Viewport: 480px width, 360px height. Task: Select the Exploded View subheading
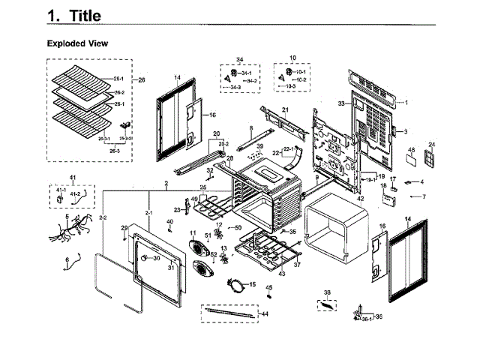pyautogui.click(x=77, y=43)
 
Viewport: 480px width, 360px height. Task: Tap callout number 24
pyautogui.click(x=431, y=144)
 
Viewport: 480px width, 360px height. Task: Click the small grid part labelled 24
pyautogui.click(x=430, y=160)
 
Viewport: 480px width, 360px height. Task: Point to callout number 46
pyautogui.click(x=411, y=150)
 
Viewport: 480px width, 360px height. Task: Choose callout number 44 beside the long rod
pyautogui.click(x=263, y=314)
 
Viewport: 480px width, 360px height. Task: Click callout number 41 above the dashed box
pyautogui.click(x=73, y=177)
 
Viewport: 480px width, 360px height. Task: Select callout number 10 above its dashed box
pyautogui.click(x=292, y=58)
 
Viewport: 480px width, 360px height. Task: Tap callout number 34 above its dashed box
pyautogui.click(x=240, y=59)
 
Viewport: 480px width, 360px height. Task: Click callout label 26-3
pyautogui.click(x=115, y=150)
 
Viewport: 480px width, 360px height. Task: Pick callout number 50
pyautogui.click(x=238, y=227)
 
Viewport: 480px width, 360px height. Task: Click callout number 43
pyautogui.click(x=282, y=274)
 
